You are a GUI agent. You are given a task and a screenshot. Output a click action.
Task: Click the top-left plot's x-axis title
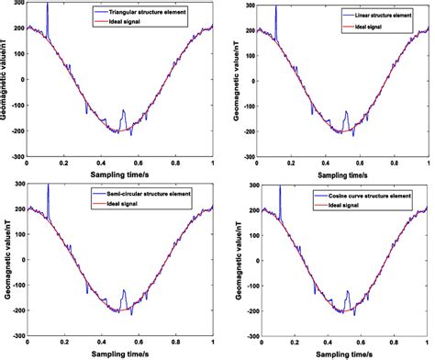pyautogui.click(x=119, y=173)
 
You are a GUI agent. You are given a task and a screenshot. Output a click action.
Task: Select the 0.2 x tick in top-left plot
pyautogui.click(x=64, y=163)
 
